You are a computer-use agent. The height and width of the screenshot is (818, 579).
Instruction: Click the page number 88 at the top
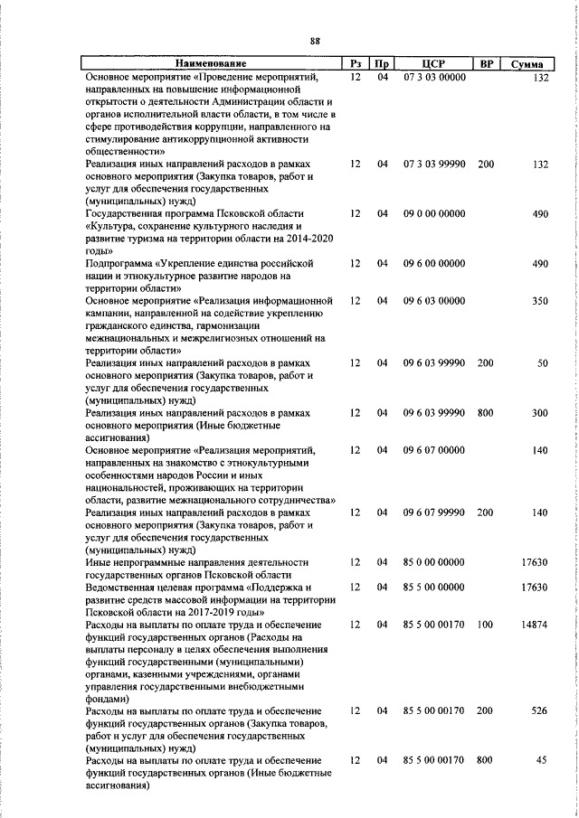pyautogui.click(x=315, y=41)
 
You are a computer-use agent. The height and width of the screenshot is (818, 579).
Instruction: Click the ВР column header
pyautogui.click(x=486, y=65)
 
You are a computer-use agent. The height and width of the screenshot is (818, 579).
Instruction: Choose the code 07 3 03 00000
pyautogui.click(x=434, y=79)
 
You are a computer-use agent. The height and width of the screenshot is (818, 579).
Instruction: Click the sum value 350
pyautogui.click(x=540, y=300)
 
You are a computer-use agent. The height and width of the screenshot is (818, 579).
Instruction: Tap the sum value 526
pyautogui.click(x=540, y=710)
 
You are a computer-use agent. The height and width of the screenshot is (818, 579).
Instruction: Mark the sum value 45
pyautogui.click(x=543, y=761)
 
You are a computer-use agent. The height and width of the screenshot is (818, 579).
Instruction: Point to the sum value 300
pyautogui.click(x=540, y=412)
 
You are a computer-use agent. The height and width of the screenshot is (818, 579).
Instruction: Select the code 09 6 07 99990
pyautogui.click(x=434, y=512)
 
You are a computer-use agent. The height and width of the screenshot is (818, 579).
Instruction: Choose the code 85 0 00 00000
pyautogui.click(x=434, y=562)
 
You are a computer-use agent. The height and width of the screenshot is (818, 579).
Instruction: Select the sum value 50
pyautogui.click(x=543, y=362)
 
